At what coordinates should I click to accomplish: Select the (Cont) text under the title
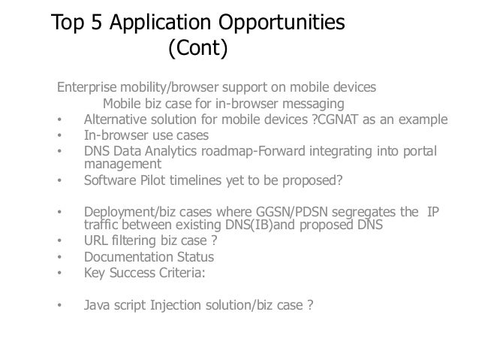pyautogui.click(x=197, y=50)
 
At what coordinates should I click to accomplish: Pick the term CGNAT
pyautogui.click(x=342, y=120)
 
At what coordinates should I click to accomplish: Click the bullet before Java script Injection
pyautogui.click(x=59, y=307)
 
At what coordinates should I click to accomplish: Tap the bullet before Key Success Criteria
pyautogui.click(x=59, y=274)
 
